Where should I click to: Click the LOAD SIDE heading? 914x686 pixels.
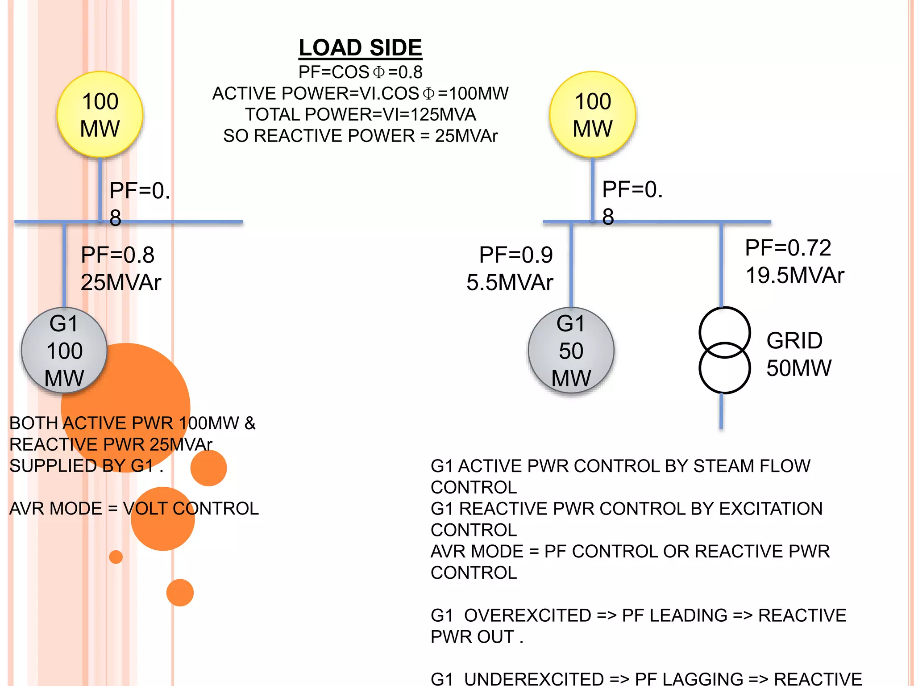pyautogui.click(x=360, y=48)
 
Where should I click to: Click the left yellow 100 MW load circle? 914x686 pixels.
pyautogui.click(x=100, y=114)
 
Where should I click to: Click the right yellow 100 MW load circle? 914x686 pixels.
pyautogui.click(x=592, y=114)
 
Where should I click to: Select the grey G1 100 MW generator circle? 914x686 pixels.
pyautogui.click(x=64, y=350)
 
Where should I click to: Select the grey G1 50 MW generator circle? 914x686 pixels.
pyautogui.click(x=571, y=350)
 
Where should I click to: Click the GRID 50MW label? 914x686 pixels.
pyautogui.click(x=798, y=354)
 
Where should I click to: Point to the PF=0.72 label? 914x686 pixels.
pyautogui.click(x=788, y=248)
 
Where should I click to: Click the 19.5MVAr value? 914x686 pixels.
pyautogui.click(x=794, y=275)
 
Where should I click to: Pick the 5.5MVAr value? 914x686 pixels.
pyautogui.click(x=510, y=282)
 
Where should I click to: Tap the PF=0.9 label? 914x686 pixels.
pyautogui.click(x=515, y=255)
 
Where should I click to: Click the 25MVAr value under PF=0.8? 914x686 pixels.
pyautogui.click(x=120, y=282)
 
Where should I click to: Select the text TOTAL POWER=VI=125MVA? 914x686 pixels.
pyautogui.click(x=360, y=115)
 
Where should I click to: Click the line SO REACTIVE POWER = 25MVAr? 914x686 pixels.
pyautogui.click(x=360, y=136)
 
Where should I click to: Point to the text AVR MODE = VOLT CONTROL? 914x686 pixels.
pyautogui.click(x=134, y=509)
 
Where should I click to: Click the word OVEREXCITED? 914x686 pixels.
pyautogui.click(x=528, y=615)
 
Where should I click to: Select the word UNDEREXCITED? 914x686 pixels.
pyautogui.click(x=534, y=679)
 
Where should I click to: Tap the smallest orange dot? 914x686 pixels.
pyautogui.click(x=116, y=557)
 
